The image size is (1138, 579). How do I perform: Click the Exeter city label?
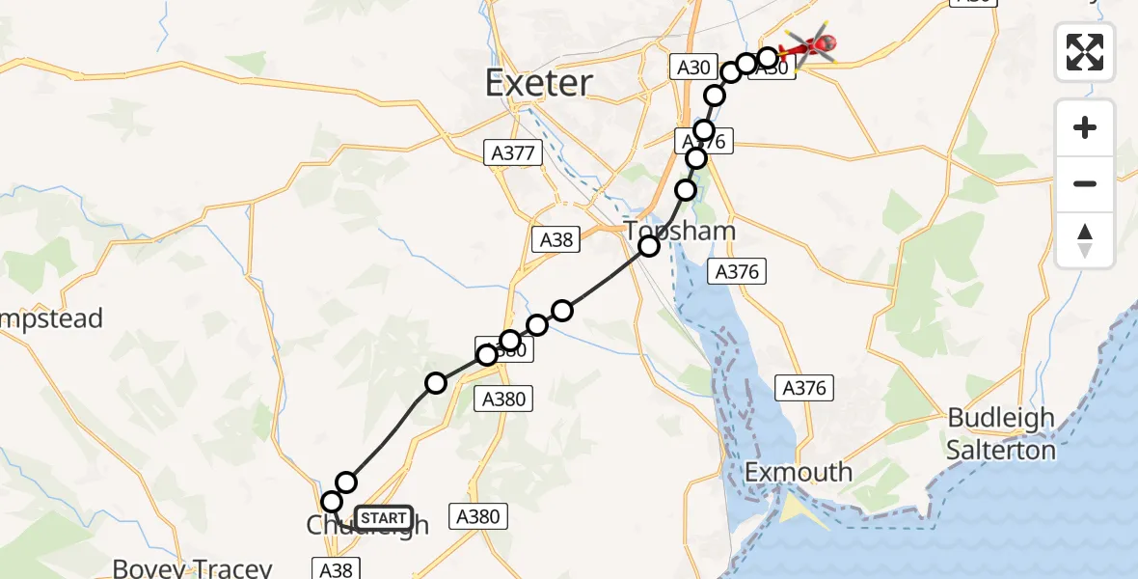(538, 84)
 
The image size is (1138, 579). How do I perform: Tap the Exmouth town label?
(799, 472)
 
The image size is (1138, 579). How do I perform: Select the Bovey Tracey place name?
(193, 567)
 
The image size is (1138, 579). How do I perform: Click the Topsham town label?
(680, 232)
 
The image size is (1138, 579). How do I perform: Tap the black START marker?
(384, 518)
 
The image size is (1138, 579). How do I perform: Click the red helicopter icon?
(808, 45)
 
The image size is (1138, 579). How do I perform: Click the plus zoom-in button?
(1085, 127)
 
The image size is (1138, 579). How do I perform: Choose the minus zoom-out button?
(1085, 183)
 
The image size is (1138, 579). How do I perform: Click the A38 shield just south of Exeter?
(556, 240)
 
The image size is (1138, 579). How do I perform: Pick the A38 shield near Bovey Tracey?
(336, 569)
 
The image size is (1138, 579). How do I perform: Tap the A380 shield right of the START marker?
(477, 516)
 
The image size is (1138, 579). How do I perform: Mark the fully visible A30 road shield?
(693, 68)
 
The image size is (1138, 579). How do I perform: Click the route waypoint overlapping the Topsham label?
(649, 246)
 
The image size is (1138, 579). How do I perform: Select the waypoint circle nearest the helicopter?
(767, 57)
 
